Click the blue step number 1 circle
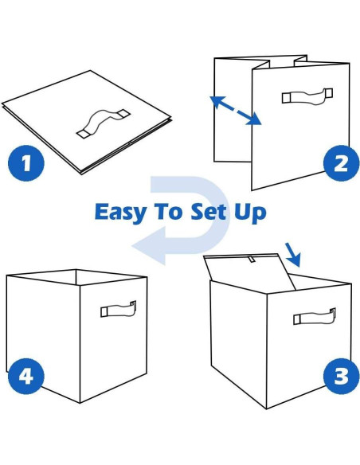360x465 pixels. tap(26, 162)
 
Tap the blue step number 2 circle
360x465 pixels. tap(341, 162)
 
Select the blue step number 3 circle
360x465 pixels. tap(341, 376)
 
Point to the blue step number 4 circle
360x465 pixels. tap(26, 376)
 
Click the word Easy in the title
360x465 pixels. tap(120, 213)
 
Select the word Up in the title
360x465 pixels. tap(250, 213)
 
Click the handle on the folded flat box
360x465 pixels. tap(103, 123)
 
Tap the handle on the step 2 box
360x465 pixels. tap(307, 96)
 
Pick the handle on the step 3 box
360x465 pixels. tap(315, 316)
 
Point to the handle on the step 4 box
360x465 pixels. tap(118, 309)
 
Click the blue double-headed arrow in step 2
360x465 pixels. tap(236, 111)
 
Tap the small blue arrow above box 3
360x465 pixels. tap(293, 255)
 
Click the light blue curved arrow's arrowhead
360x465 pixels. tap(148, 245)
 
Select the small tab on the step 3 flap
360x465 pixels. tap(252, 260)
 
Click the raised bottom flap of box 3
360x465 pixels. tap(249, 271)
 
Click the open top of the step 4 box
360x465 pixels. tap(76, 277)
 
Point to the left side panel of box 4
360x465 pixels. tap(43, 335)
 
